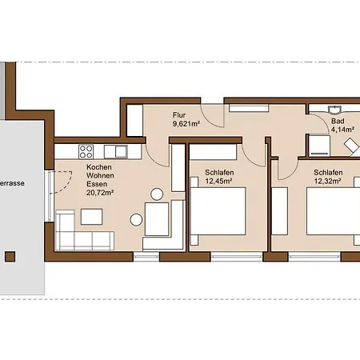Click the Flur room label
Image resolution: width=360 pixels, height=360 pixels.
click(x=179, y=115)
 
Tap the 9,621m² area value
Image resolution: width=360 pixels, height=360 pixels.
click(x=186, y=124)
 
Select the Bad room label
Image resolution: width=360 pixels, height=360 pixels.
click(x=338, y=121)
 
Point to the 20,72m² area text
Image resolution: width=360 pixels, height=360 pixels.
click(x=100, y=193)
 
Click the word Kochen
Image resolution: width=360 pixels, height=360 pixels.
click(x=99, y=167)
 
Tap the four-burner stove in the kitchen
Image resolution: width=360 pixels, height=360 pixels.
click(x=86, y=152)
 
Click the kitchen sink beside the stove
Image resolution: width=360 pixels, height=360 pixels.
click(x=115, y=152)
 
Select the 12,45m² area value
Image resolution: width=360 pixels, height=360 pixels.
click(x=218, y=182)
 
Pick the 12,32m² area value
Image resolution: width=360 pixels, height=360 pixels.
click(x=327, y=182)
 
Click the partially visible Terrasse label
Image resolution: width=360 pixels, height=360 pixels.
click(x=12, y=183)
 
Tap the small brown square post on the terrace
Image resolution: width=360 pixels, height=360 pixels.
click(x=10, y=257)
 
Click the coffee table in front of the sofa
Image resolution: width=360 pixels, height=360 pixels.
click(x=91, y=217)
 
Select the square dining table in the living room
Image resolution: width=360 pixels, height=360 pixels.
click(x=157, y=219)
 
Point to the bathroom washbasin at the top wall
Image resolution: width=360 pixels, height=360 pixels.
click(x=334, y=110)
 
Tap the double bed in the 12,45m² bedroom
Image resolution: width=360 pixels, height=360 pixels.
click(x=218, y=211)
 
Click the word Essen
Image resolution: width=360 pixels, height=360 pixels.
click(x=97, y=184)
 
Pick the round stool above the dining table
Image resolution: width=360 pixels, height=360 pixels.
click(x=157, y=194)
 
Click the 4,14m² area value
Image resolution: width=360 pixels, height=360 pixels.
click(x=342, y=130)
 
